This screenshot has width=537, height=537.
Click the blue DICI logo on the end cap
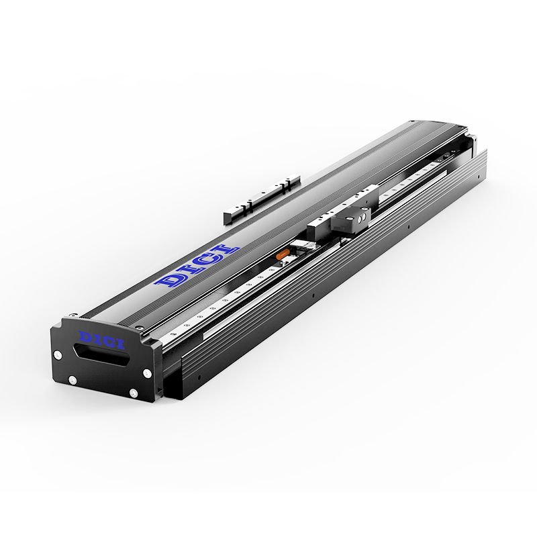[x=102, y=340]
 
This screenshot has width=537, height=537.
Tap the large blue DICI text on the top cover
[x=197, y=266]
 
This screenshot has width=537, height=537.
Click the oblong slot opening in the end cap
[x=101, y=356]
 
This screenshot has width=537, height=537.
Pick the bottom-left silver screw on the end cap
[x=72, y=380]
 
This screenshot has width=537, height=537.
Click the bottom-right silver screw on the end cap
[x=133, y=393]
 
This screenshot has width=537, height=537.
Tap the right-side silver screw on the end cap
[x=147, y=373]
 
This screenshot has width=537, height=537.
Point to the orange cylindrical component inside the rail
[x=283, y=254]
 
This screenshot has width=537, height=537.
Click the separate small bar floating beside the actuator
[x=262, y=200]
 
